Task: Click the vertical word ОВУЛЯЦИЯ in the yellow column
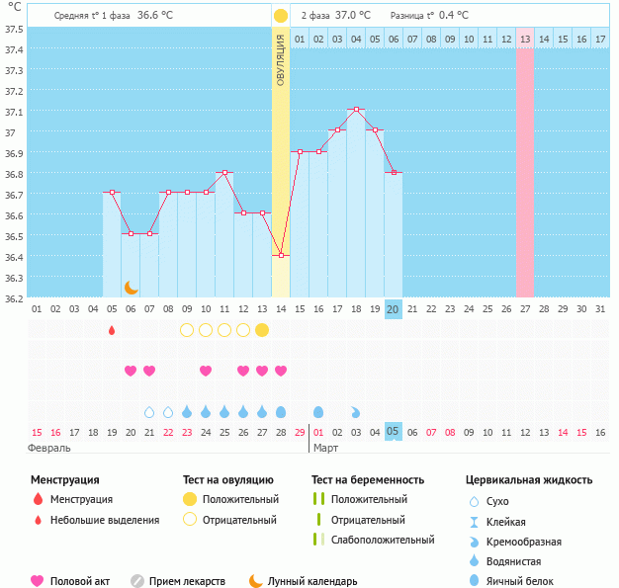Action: (x=281, y=59)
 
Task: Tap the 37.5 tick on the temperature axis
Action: (x=14, y=29)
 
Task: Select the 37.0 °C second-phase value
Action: (x=353, y=15)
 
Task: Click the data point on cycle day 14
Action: (x=281, y=255)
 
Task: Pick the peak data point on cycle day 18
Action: (x=356, y=109)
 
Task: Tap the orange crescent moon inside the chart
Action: (x=131, y=287)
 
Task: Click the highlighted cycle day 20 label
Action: (x=393, y=308)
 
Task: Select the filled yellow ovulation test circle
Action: (x=262, y=329)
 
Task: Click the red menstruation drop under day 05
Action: (x=112, y=329)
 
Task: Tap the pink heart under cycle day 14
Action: (x=281, y=371)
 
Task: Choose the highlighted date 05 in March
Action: (x=393, y=432)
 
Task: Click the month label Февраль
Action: (x=50, y=448)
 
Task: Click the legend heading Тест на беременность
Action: (x=367, y=479)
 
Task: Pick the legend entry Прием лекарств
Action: (x=187, y=581)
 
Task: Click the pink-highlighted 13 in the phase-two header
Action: (x=524, y=39)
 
